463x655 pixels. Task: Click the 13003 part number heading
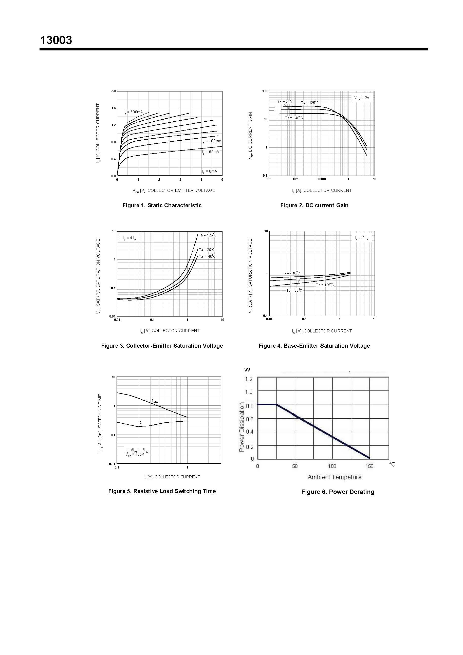point(56,40)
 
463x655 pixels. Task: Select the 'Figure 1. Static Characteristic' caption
point(162,205)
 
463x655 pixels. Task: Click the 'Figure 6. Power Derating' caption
point(338,492)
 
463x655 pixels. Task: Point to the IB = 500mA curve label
point(133,112)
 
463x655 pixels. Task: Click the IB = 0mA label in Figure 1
point(209,171)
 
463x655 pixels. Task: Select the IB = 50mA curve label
point(211,152)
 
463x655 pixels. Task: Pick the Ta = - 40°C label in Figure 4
point(291,273)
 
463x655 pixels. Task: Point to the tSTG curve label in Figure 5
point(155,401)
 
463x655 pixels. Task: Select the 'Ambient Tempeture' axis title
point(334,477)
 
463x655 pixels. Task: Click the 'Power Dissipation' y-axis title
point(242,427)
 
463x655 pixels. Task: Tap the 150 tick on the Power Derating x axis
point(369,466)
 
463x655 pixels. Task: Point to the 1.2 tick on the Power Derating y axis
point(249,379)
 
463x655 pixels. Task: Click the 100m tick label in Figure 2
point(322,179)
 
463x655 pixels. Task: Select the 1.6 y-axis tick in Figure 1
point(114,108)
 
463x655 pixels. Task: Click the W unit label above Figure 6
point(247,370)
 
